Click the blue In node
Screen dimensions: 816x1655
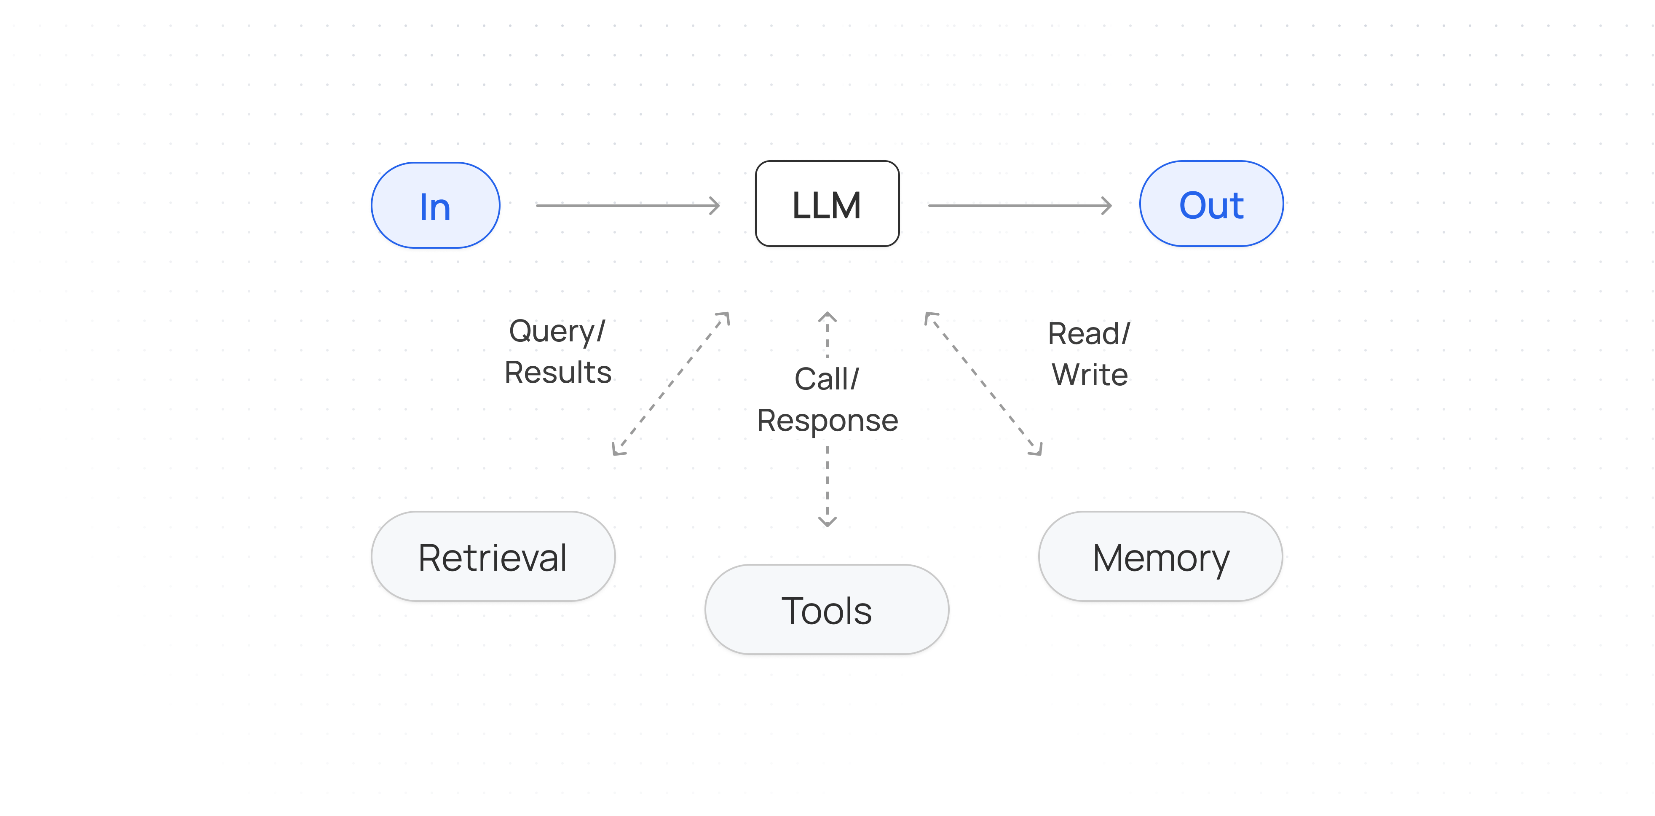436,206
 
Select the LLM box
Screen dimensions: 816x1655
827,204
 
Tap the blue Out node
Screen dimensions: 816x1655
1211,204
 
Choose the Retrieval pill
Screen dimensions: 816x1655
493,556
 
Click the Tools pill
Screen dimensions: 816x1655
827,610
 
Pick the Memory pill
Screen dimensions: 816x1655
1160,556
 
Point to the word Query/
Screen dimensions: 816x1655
557,332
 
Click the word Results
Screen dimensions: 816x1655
558,373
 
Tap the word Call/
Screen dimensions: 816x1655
827,379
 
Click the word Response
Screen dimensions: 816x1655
827,421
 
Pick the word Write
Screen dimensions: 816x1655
1090,375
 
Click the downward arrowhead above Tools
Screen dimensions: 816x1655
827,521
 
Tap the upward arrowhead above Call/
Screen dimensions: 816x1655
827,317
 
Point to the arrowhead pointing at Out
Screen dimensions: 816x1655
1106,206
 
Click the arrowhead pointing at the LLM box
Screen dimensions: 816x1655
715,206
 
